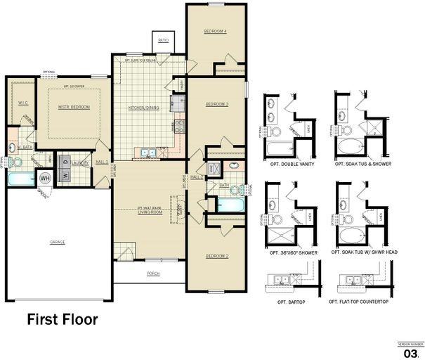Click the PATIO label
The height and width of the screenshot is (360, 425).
pyautogui.click(x=163, y=41)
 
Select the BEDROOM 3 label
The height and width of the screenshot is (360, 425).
pyautogui.click(x=218, y=104)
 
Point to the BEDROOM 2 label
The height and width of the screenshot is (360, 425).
pyautogui.click(x=217, y=256)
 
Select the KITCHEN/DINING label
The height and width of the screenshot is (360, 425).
pyautogui.click(x=144, y=108)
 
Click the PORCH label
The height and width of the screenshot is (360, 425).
pyautogui.click(x=152, y=274)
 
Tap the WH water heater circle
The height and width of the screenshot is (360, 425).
pyautogui.click(x=44, y=177)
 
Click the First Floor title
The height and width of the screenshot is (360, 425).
pyautogui.click(x=63, y=319)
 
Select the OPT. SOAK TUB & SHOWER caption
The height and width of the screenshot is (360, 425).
pyautogui.click(x=362, y=164)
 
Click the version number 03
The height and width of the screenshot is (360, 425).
pyautogui.click(x=412, y=352)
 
